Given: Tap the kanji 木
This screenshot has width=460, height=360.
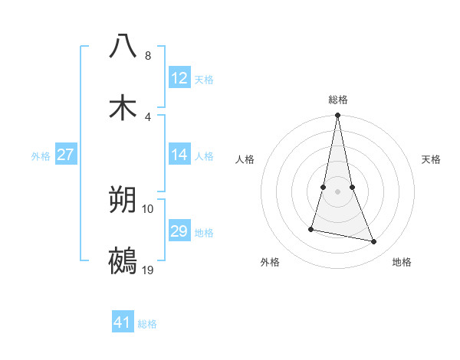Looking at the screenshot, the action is pyautogui.click(x=123, y=108).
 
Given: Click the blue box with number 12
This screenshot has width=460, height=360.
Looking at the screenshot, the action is pyautogui.click(x=179, y=78).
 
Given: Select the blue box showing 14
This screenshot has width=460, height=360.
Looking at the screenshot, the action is pyautogui.click(x=179, y=155).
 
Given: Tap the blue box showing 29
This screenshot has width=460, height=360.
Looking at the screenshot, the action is pyautogui.click(x=179, y=231).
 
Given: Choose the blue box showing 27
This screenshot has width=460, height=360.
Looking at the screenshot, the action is pyautogui.click(x=65, y=155).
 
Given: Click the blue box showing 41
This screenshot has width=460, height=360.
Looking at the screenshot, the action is pyautogui.click(x=123, y=322).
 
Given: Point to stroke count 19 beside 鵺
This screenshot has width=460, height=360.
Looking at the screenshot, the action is pyautogui.click(x=149, y=270).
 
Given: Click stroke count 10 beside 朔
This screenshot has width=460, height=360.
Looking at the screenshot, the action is pyautogui.click(x=148, y=208).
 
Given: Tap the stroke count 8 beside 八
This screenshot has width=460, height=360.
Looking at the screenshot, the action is pyautogui.click(x=148, y=56).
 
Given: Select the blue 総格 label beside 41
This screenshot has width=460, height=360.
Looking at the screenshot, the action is pyautogui.click(x=147, y=324).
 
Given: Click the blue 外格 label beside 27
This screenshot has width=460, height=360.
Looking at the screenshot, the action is pyautogui.click(x=41, y=156).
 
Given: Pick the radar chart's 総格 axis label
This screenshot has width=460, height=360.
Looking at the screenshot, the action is pyautogui.click(x=337, y=100).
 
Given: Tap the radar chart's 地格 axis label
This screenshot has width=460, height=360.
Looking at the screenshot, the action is pyautogui.click(x=402, y=262).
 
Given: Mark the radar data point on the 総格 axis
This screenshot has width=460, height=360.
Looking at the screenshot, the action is pyautogui.click(x=337, y=116).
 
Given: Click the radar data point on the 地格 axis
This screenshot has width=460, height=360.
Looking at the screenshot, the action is pyautogui.click(x=373, y=241).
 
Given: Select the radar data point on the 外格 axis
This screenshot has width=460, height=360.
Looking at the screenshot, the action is pyautogui.click(x=311, y=228).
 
